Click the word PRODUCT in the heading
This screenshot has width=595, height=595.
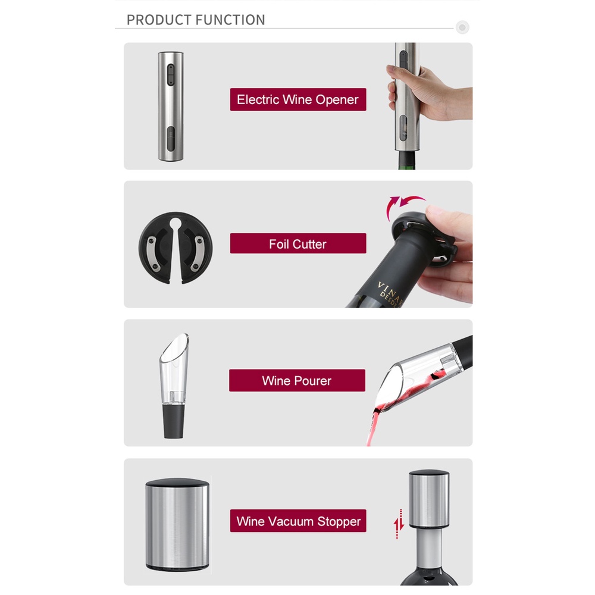156,20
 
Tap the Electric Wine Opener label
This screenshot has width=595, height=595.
298,99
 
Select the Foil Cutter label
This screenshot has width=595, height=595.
298,243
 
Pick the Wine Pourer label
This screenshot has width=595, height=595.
297,380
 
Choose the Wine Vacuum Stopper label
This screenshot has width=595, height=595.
298,521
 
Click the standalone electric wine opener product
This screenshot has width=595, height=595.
170,106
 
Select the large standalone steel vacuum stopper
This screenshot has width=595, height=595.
177,525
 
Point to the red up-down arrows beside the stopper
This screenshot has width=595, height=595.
399,524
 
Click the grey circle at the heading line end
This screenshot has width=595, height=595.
462,27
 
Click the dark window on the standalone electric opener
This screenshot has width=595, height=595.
171,141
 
